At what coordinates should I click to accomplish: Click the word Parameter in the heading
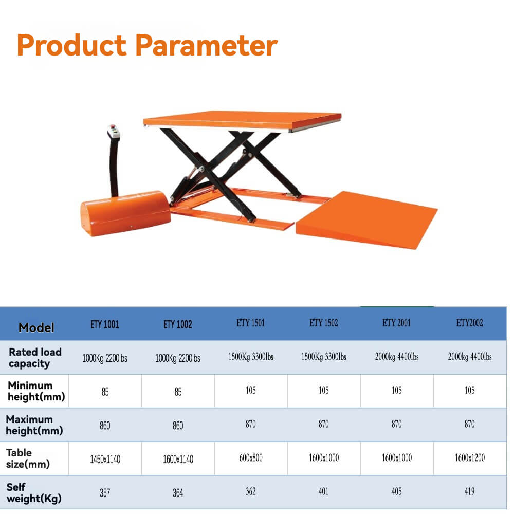point(207,45)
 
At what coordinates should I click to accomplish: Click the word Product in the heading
point(71,45)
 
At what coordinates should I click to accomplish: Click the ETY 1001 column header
point(105,324)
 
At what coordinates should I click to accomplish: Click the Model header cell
point(36,327)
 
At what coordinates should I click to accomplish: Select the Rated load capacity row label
point(35,358)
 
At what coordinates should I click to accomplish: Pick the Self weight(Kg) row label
point(32,492)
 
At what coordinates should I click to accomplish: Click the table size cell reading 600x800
point(251,458)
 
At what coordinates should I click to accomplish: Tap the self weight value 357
point(105,493)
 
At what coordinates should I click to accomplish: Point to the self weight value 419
point(470,492)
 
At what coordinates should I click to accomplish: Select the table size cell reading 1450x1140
point(105,459)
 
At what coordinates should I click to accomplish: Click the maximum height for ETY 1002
point(178,426)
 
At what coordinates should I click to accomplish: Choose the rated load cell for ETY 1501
point(251,357)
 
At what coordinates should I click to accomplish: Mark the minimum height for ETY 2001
point(397,391)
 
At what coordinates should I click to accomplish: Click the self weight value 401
point(324,492)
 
